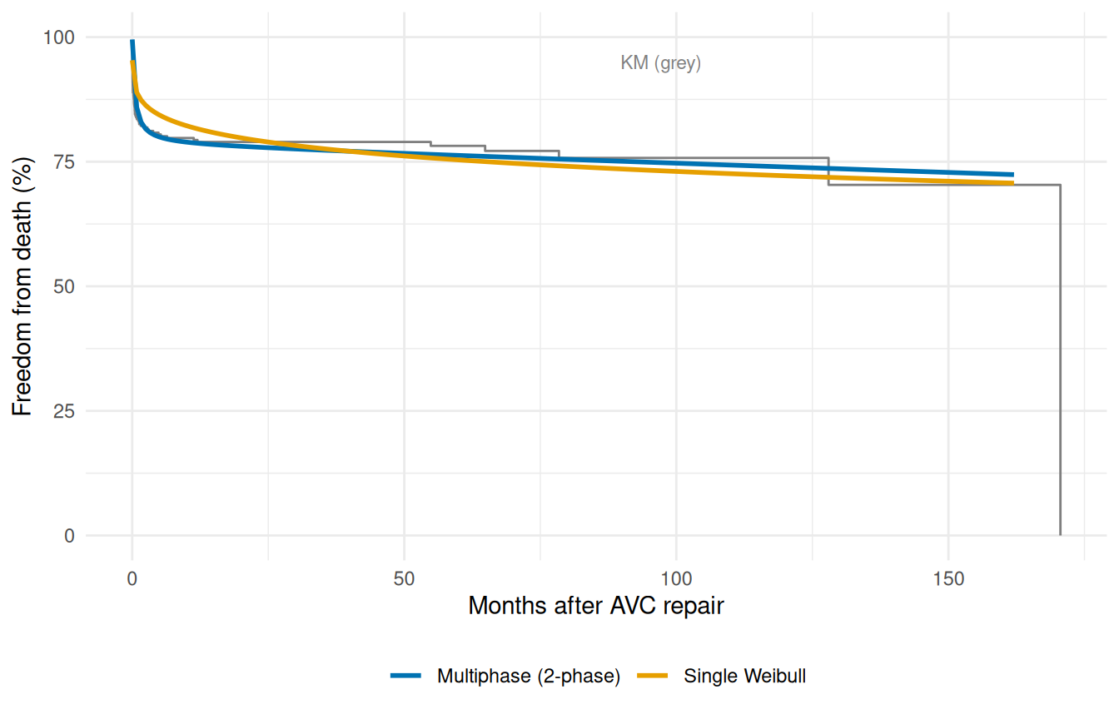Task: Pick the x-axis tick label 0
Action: pyautogui.click(x=132, y=578)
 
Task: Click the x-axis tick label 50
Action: pyautogui.click(x=404, y=578)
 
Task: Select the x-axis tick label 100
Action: pyautogui.click(x=676, y=578)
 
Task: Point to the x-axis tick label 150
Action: pyautogui.click(x=948, y=578)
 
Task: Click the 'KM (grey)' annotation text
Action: pyautogui.click(x=661, y=63)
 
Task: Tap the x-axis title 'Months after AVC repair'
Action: pyautogui.click(x=595, y=606)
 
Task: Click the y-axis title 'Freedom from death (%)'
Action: pyautogui.click(x=22, y=286)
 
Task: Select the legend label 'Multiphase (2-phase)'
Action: pyautogui.click(x=529, y=677)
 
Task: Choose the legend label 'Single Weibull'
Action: pyautogui.click(x=744, y=677)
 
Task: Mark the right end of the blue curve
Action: pyautogui.click(x=1012, y=175)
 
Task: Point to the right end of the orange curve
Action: pyautogui.click(x=1012, y=183)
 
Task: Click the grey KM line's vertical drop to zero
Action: pyautogui.click(x=1060, y=358)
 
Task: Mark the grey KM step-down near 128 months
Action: pyautogui.click(x=828, y=171)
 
